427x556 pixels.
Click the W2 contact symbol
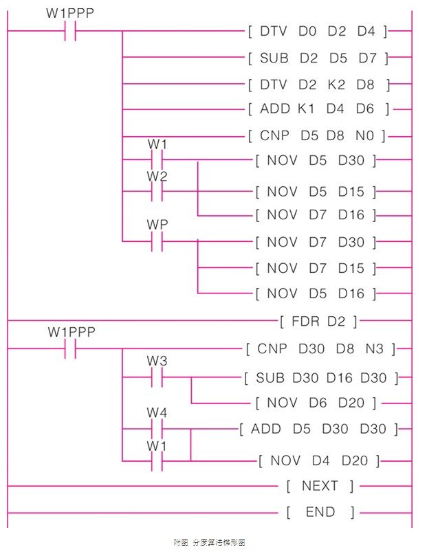(157, 191)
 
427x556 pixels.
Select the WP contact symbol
(157, 241)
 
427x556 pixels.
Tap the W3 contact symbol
(157, 377)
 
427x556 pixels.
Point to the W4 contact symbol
(157, 428)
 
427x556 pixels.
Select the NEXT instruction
(320, 487)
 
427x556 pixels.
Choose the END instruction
(320, 512)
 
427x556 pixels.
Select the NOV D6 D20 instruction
(316, 403)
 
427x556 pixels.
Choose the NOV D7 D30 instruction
(316, 242)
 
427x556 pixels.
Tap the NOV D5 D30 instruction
(316, 162)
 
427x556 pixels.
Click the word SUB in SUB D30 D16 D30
(270, 378)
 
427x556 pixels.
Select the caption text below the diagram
(209, 543)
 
